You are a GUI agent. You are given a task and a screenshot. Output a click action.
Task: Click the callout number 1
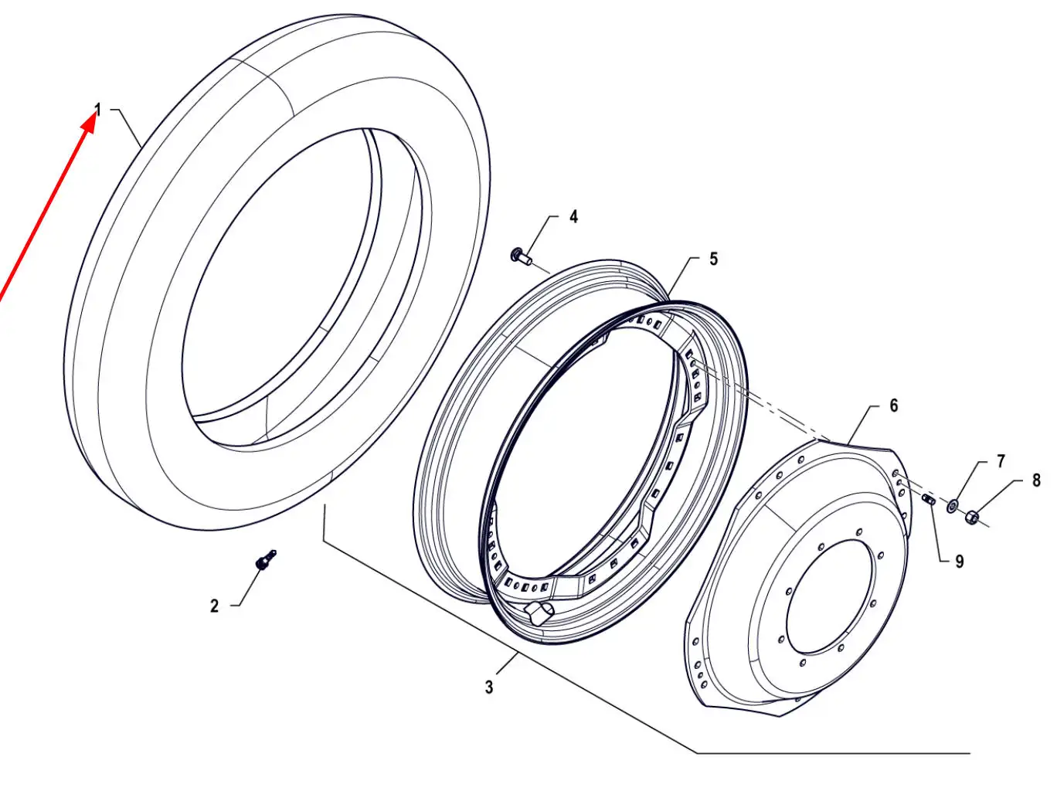click(98, 110)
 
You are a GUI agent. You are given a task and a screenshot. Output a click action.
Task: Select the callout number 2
click(214, 606)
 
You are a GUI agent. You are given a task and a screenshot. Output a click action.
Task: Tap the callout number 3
click(489, 687)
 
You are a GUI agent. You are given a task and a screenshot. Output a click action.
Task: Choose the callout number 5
click(713, 259)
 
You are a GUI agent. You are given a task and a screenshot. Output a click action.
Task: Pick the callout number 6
click(893, 406)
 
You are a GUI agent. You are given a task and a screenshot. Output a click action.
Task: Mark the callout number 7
click(1000, 461)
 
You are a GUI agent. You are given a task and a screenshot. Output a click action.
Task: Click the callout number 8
click(1036, 480)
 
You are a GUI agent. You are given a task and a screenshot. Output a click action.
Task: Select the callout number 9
click(959, 562)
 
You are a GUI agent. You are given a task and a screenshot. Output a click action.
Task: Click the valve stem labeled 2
click(265, 560)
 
